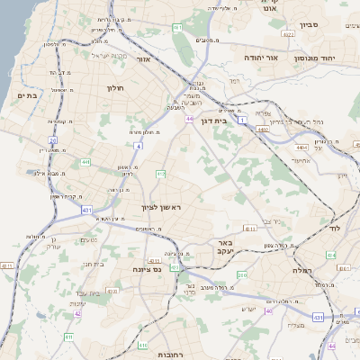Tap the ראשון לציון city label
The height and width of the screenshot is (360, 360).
point(161,208)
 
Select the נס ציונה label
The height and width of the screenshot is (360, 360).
point(146,269)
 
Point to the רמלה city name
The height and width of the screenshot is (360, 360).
point(301,270)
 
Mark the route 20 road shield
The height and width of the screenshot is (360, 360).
point(53,141)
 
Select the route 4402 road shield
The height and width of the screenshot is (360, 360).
point(263,130)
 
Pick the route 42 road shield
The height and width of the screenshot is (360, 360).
point(77,313)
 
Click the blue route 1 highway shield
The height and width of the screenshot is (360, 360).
point(241,119)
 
